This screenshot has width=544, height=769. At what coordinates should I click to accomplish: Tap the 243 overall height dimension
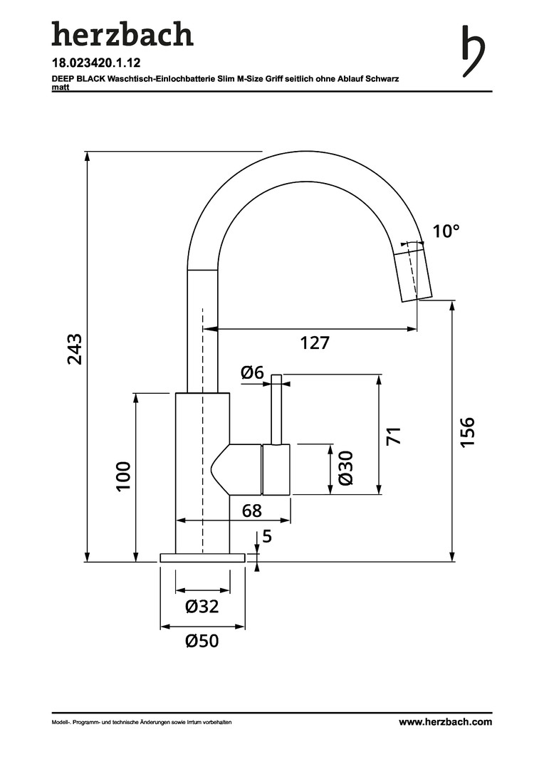[75, 349]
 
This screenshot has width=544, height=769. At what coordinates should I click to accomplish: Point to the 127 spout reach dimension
[315, 342]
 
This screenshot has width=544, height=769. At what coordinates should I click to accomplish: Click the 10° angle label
[446, 231]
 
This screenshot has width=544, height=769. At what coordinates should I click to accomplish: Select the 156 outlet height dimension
[468, 431]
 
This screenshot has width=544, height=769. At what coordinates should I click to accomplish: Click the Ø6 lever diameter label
[252, 372]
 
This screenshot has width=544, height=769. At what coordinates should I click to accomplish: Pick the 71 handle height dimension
[394, 436]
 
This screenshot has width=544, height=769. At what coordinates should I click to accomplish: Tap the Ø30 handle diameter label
[345, 468]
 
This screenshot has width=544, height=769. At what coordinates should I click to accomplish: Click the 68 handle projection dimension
[252, 511]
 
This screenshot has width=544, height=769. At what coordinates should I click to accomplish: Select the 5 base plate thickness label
[267, 537]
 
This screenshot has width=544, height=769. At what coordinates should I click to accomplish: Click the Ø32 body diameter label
[202, 607]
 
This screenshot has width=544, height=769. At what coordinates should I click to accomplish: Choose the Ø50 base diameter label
[202, 641]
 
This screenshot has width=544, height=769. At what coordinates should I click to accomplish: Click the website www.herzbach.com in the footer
[445, 722]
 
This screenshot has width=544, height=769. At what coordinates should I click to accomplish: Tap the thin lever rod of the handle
[277, 409]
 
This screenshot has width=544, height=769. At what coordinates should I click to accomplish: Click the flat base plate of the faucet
[202, 558]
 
